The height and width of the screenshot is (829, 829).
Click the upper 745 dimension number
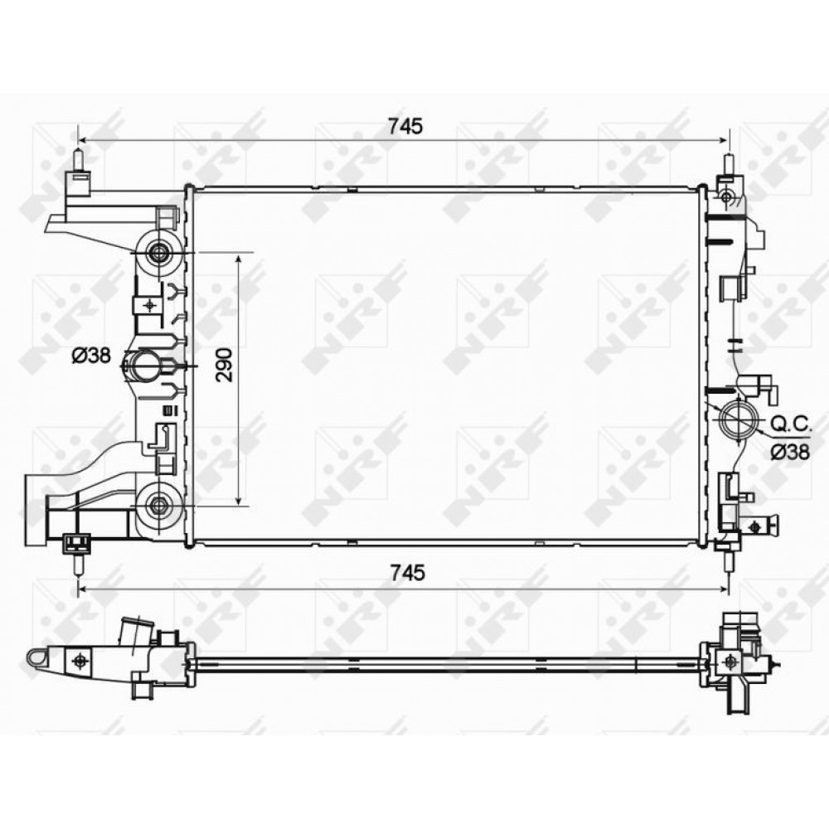click(405, 126)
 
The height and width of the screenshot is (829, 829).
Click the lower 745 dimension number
click(407, 573)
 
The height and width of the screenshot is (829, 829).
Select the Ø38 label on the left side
click(91, 356)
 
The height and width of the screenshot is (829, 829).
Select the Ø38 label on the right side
click(789, 452)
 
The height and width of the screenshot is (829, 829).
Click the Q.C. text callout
click(790, 424)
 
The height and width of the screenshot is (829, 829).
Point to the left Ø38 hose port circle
click(143, 366)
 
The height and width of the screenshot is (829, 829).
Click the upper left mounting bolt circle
click(158, 253)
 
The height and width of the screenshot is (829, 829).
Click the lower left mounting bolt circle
click(158, 506)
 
